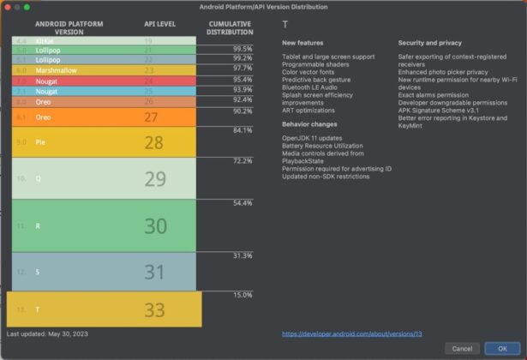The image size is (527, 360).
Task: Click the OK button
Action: click(496, 348)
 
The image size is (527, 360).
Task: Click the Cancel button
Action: click(462, 348)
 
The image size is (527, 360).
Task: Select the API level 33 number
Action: click(154, 309)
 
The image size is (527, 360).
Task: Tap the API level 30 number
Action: click(155, 225)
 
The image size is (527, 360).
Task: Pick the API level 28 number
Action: click(154, 142)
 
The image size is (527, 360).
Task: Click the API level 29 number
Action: click(155, 179)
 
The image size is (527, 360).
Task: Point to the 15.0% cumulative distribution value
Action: click(243, 295)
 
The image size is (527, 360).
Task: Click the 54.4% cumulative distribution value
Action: click(243, 203)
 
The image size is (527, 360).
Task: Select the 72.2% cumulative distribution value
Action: click(243, 160)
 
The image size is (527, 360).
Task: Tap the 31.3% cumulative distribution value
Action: click(243, 255)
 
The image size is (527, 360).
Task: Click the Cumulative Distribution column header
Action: click(230, 28)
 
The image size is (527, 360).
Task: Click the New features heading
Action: click(302, 42)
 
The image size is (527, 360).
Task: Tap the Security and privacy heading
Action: click(431, 42)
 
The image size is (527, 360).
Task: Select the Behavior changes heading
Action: click(308, 123)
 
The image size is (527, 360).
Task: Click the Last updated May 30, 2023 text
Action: click(47, 333)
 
